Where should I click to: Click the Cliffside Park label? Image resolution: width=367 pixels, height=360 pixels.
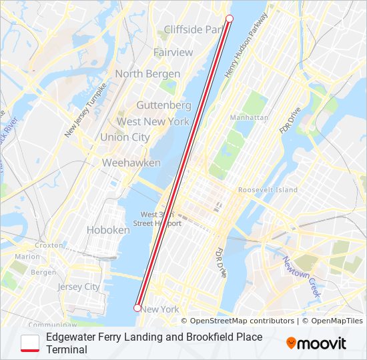[194, 30]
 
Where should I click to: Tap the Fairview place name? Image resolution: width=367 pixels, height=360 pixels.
[173, 52]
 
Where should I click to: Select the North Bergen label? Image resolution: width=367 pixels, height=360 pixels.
[147, 73]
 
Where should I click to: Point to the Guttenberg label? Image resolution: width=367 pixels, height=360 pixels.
[163, 105]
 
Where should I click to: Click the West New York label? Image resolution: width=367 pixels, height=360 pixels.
[153, 121]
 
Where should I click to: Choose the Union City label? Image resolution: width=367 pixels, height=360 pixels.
[125, 137]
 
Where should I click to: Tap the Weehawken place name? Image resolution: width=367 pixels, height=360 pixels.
[131, 163]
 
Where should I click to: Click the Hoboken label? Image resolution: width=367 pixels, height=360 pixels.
[108, 230]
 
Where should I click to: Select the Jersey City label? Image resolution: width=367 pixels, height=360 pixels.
[78, 287]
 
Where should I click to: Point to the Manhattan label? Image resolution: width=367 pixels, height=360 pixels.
[249, 117]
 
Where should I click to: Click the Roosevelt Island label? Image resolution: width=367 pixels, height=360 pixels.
[268, 190]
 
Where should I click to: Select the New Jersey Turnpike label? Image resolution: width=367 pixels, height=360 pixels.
[86, 111]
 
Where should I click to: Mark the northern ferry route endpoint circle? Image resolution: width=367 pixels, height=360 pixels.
[230, 19]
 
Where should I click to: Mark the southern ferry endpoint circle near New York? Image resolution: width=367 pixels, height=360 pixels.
[137, 308]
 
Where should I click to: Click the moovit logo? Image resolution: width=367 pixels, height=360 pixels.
[316, 343]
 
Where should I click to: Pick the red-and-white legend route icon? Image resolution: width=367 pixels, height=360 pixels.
[31, 343]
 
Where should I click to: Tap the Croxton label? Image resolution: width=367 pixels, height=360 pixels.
[48, 245]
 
